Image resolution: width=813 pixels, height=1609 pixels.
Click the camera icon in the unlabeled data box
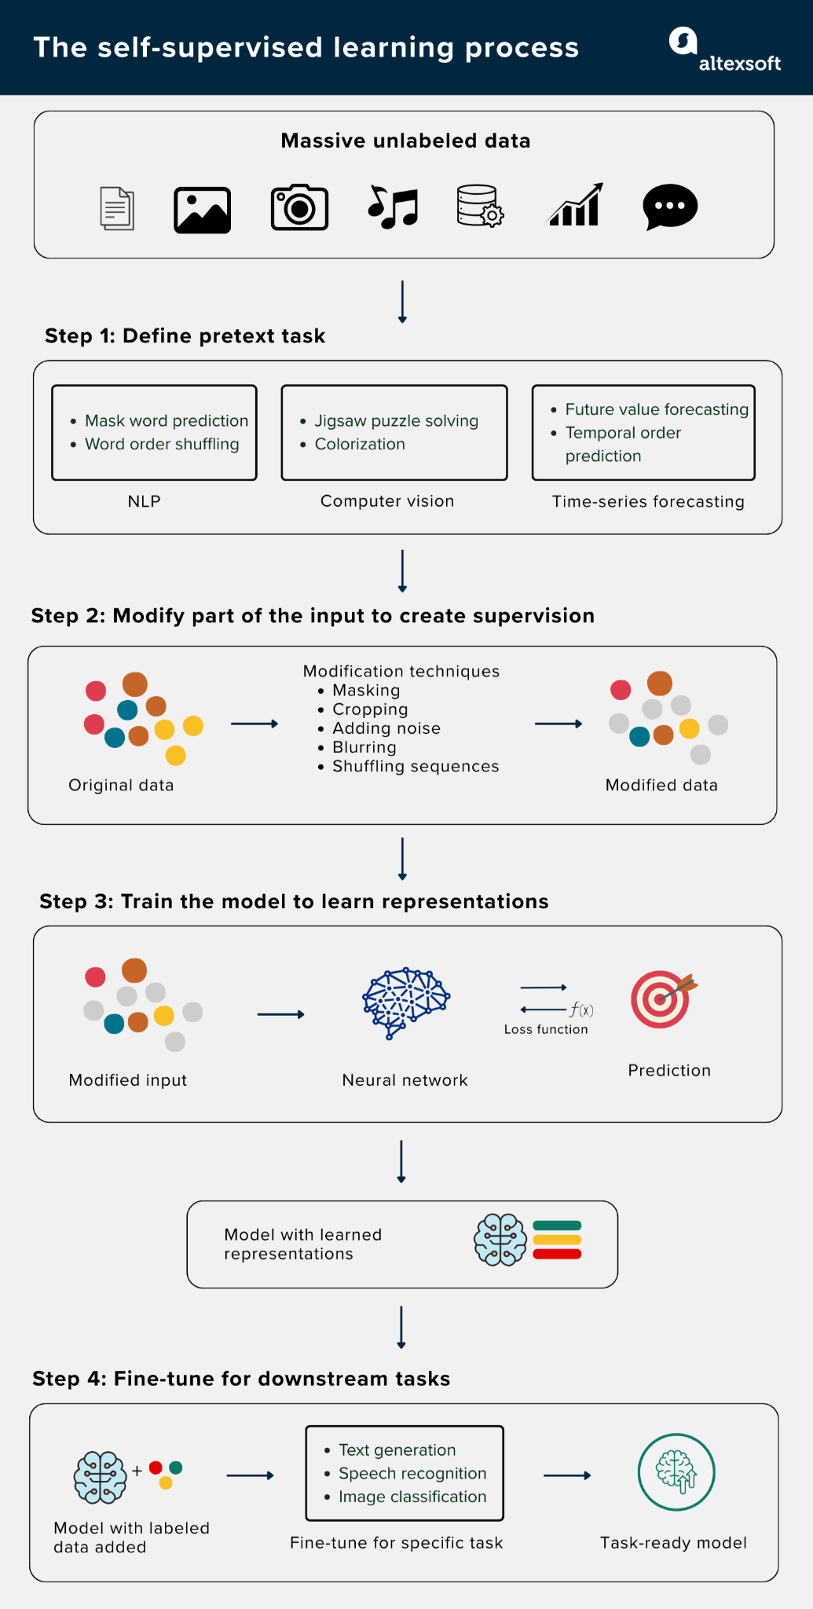(299, 208)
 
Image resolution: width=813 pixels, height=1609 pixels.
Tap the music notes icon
(394, 208)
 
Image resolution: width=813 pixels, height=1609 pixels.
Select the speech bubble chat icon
(670, 207)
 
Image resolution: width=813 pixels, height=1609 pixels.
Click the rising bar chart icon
(576, 206)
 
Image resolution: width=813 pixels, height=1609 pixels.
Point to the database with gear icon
(480, 207)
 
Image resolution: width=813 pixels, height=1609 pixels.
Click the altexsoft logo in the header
(724, 51)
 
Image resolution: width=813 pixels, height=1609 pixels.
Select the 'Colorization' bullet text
(360, 444)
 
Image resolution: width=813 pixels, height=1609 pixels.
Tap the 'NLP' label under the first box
(144, 501)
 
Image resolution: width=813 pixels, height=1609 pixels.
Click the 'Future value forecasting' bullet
(657, 409)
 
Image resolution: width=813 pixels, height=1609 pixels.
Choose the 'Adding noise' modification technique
(386, 728)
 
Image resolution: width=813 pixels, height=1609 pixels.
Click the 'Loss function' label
(546, 1029)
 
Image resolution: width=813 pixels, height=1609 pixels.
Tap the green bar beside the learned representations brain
(557, 1225)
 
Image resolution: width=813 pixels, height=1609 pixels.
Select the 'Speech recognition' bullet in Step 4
(412, 1473)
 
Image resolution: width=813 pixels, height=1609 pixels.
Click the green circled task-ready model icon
(676, 1472)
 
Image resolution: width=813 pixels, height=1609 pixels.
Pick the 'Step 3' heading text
(294, 901)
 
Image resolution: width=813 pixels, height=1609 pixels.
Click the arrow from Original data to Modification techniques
(255, 724)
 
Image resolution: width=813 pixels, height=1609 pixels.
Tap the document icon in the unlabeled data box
(117, 208)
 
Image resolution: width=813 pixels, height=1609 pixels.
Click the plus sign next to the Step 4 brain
(137, 1470)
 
